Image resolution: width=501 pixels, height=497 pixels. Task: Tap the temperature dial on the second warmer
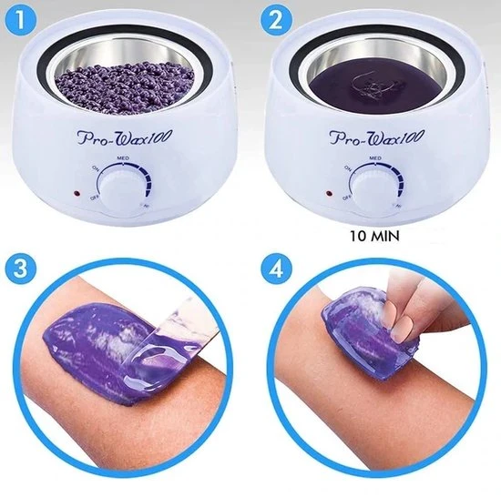click(374, 188)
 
